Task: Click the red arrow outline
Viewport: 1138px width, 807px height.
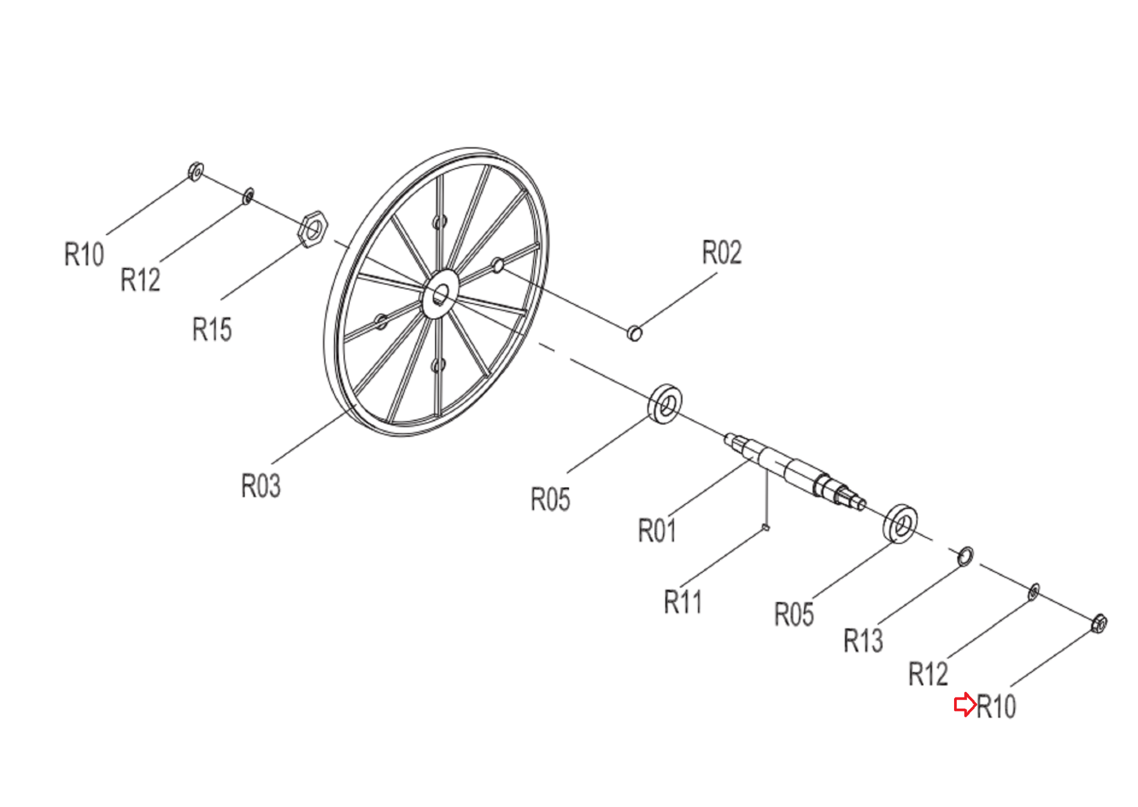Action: point(965,705)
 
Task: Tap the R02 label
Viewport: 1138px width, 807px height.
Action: point(722,253)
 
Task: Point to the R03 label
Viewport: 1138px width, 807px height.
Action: point(261,486)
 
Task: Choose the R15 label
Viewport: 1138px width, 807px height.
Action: point(212,329)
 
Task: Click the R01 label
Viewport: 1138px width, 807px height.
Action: point(657,530)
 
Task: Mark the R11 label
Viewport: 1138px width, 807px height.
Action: point(683,602)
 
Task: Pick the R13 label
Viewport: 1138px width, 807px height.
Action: point(863,641)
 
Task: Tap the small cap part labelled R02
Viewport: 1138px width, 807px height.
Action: point(635,333)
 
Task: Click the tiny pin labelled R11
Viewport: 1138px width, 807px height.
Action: point(766,527)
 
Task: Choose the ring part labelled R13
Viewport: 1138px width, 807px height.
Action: point(965,556)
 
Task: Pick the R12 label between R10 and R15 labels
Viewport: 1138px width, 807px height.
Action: point(140,280)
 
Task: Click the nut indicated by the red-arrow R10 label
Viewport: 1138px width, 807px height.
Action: point(1099,624)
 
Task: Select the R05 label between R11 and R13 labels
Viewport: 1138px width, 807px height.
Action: point(794,615)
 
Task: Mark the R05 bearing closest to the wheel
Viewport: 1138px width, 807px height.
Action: point(666,403)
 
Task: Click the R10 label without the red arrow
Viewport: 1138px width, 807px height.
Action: point(84,255)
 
